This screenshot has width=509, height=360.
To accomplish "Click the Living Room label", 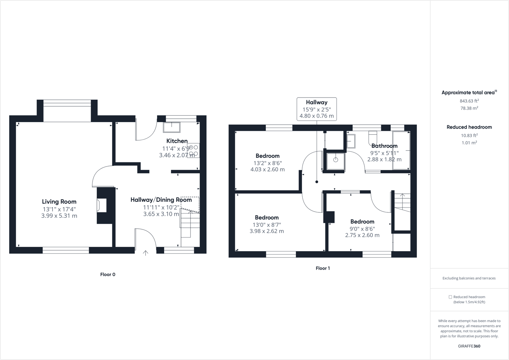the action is (x=59, y=201).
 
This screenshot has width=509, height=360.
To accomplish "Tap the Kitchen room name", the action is (x=177, y=141).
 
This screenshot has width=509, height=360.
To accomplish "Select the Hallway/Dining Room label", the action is (x=161, y=200).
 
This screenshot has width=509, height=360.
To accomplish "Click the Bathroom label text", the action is (x=385, y=146).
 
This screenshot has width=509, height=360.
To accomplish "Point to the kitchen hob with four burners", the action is (x=193, y=151).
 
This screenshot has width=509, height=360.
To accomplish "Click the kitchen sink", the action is (x=171, y=127).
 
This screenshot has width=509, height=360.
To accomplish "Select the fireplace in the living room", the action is (x=102, y=206).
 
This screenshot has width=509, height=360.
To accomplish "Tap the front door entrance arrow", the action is (x=145, y=253).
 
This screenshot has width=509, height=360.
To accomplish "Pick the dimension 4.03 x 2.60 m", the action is (x=267, y=169).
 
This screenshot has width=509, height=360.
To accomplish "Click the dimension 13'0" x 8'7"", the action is (x=267, y=225).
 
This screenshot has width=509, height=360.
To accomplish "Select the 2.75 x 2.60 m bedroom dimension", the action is (x=362, y=235).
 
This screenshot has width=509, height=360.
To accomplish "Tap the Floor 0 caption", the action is (x=108, y=274).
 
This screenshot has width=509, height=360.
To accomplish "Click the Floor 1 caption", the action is (x=323, y=268).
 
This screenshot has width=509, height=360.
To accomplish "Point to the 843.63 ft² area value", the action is (x=469, y=101).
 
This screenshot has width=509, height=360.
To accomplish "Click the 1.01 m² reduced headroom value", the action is (x=469, y=143).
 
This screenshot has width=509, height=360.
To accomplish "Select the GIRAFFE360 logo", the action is (x=469, y=346).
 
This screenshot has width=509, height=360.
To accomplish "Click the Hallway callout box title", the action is (x=317, y=102).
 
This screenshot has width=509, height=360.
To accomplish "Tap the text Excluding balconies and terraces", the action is (x=469, y=278).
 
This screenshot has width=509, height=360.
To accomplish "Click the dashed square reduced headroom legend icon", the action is (x=450, y=297).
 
